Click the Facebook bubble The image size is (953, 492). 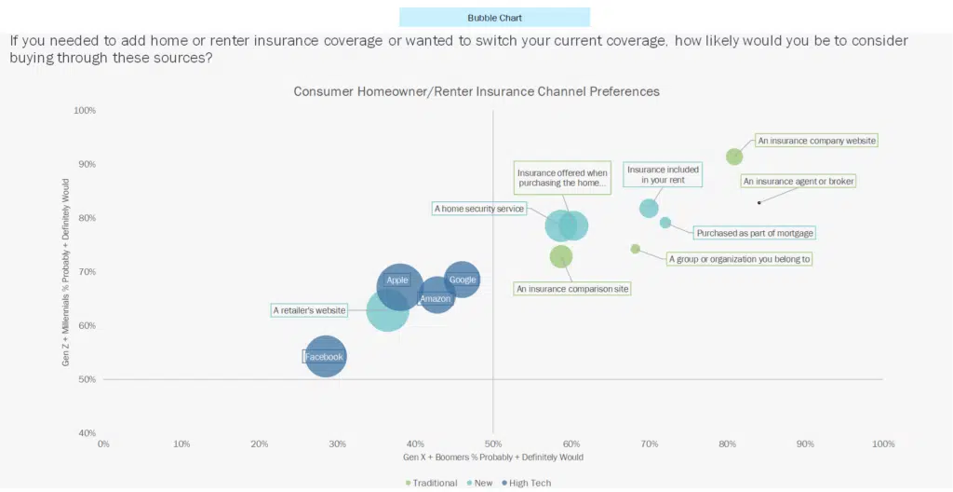click(x=325, y=357)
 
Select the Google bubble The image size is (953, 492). click(x=462, y=280)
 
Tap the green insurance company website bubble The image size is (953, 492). click(x=734, y=157)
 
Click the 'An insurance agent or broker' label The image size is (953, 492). click(x=798, y=181)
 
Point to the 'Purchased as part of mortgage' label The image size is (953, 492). click(x=755, y=233)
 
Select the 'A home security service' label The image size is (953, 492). click(x=479, y=209)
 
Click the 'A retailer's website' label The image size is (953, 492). click(x=310, y=310)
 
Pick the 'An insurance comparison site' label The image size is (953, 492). click(x=573, y=289)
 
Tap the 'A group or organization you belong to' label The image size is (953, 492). click(x=739, y=259)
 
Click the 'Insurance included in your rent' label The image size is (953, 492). click(x=662, y=174)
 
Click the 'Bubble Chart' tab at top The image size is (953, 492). click(x=494, y=17)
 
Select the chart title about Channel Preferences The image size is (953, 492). click(x=476, y=91)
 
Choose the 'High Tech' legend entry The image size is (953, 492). click(x=530, y=483)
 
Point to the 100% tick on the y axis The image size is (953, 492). click(x=85, y=111)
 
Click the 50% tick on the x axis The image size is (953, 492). click(x=493, y=444)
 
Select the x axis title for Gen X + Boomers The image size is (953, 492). click(x=493, y=458)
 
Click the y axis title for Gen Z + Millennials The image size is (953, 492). click(x=66, y=272)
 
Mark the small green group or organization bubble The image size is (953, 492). click(x=636, y=249)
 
